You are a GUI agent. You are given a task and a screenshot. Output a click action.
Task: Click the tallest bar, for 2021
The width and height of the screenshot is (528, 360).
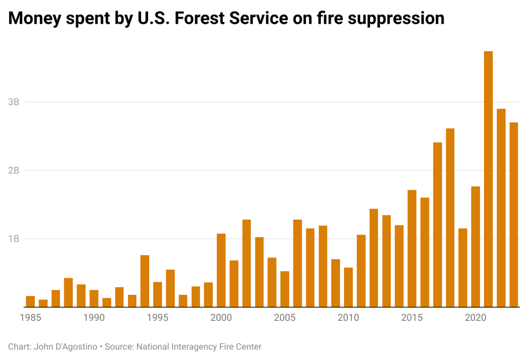[488, 179]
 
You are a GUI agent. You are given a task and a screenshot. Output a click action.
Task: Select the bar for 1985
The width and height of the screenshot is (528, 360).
[30, 301]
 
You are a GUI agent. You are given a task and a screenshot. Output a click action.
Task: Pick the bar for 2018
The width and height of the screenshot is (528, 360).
[450, 218]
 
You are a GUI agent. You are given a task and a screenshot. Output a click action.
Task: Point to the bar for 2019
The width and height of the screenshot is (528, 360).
[462, 268]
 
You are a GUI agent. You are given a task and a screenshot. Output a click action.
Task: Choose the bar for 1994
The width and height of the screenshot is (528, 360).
[145, 281]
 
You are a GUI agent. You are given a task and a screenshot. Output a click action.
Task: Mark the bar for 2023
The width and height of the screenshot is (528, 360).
[513, 215]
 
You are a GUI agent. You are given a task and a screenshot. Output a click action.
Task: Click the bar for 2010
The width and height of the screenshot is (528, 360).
[348, 287]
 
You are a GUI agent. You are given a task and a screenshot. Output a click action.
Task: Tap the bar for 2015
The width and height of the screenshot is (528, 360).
[412, 249]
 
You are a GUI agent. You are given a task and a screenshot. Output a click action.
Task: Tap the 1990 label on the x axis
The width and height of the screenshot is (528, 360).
[94, 318]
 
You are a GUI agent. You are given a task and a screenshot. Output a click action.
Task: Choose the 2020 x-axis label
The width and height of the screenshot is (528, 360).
[475, 318]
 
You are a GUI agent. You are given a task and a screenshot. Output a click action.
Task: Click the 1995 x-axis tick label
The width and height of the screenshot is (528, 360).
[158, 318]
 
